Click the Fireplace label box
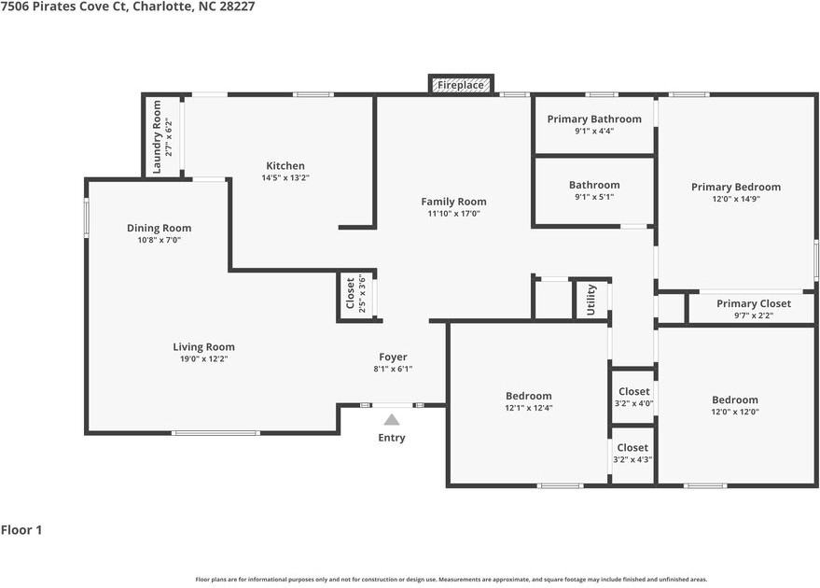[x=461, y=85]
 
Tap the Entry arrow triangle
[x=392, y=420]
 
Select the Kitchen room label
[x=285, y=166]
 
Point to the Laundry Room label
[x=157, y=136]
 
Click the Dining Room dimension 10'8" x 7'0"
[x=159, y=240]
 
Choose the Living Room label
[x=203, y=347]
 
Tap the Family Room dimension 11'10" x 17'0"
[x=453, y=214]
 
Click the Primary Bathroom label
[x=594, y=119]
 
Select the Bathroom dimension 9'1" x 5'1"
[x=594, y=197]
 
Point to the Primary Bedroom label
[x=735, y=187]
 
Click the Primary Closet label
[x=753, y=303]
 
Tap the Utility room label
[x=591, y=300]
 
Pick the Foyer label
[x=393, y=357]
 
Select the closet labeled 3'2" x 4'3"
[x=632, y=454]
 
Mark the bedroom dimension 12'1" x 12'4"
[x=529, y=408]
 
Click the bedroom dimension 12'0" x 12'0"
[x=735, y=412]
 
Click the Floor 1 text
[x=21, y=530]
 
